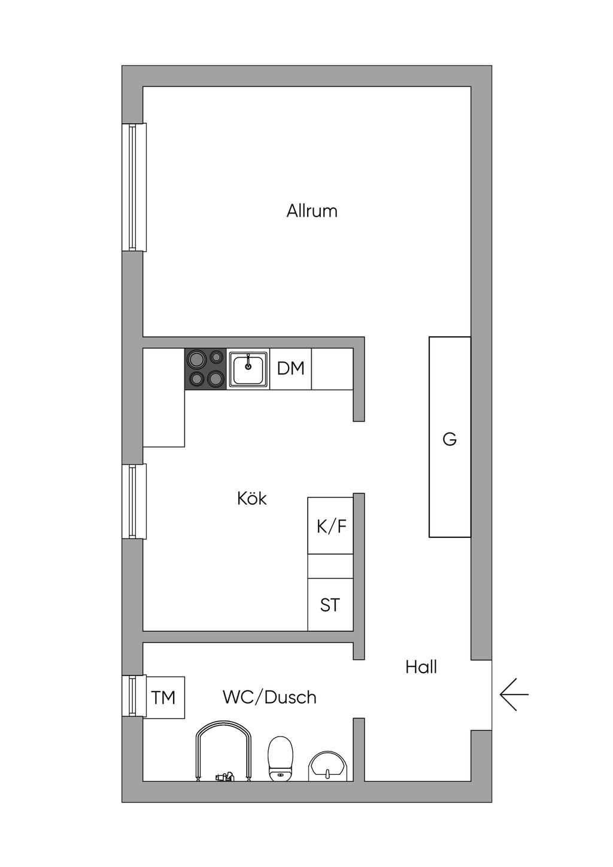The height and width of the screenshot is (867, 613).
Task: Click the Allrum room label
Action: tap(312, 211)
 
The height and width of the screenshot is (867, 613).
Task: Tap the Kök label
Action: tap(252, 498)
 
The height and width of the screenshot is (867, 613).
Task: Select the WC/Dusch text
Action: tap(269, 697)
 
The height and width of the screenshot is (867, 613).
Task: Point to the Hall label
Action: tap(421, 667)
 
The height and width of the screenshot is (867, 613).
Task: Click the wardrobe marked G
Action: tap(450, 437)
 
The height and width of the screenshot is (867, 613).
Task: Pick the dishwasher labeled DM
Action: tap(291, 369)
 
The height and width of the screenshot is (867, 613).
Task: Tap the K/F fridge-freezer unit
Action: tap(330, 526)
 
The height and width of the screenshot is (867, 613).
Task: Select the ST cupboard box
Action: tap(330, 605)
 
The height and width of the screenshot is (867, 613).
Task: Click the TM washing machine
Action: tap(164, 697)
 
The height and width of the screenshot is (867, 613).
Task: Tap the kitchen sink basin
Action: tap(248, 369)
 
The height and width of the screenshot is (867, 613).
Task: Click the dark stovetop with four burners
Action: tap(205, 369)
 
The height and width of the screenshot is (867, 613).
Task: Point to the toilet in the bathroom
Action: tap(280, 759)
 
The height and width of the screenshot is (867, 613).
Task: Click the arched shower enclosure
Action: tap(223, 751)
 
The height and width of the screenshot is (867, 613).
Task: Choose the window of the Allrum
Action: tap(134, 187)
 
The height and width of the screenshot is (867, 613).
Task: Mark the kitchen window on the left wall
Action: tap(134, 501)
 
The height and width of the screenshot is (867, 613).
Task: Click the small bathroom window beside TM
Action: tap(134, 696)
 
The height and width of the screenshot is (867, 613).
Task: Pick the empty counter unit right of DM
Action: tap(332, 369)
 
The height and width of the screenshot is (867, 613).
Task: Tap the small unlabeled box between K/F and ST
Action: tap(330, 566)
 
